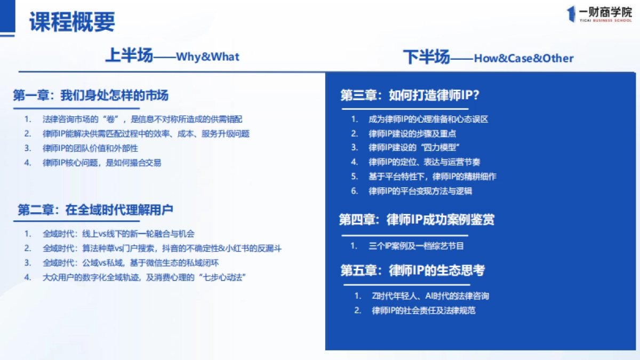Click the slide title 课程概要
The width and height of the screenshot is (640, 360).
click(x=72, y=22)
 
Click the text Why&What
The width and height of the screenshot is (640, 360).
click(x=207, y=57)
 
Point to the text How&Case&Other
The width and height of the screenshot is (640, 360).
click(x=523, y=58)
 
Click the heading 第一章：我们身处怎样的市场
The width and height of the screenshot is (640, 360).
click(x=91, y=95)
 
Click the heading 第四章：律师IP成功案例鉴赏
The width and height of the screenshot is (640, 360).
click(x=417, y=219)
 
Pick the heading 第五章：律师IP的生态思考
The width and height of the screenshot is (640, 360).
click(x=412, y=270)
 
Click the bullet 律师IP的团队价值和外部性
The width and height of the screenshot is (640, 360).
click(x=90, y=148)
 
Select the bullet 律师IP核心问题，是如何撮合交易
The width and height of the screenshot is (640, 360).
click(x=101, y=163)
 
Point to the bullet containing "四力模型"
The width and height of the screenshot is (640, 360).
click(x=414, y=148)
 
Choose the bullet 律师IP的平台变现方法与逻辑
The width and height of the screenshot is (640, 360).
click(x=420, y=190)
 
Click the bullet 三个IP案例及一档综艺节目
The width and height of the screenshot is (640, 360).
click(x=416, y=246)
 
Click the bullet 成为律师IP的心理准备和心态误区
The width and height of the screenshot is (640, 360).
click(x=428, y=119)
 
